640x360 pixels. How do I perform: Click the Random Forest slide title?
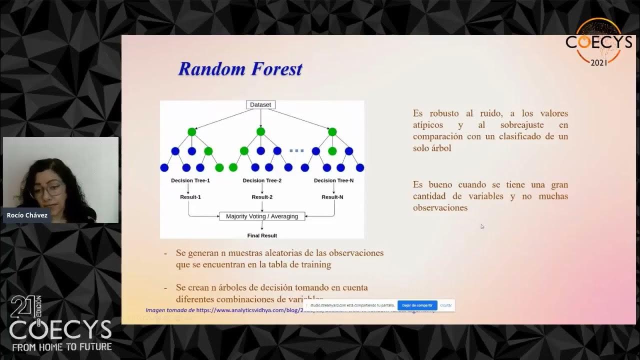click(x=240, y=69)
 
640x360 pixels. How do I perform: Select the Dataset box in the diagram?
click(x=260, y=104)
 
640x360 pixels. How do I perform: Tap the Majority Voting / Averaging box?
click(x=262, y=216)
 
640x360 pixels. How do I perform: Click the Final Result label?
click(x=262, y=235)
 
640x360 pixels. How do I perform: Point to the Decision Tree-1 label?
click(x=190, y=180)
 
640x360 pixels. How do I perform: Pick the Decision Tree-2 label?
click(x=262, y=180)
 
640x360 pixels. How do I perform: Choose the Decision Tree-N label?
click(x=333, y=180)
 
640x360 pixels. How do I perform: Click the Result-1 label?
click(x=190, y=197)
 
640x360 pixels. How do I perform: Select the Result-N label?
click(x=332, y=197)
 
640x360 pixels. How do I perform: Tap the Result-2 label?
click(x=262, y=197)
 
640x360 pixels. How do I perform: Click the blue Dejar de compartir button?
click(x=417, y=305)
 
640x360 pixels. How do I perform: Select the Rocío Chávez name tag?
click(x=27, y=215)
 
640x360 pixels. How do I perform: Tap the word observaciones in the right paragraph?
click(x=440, y=208)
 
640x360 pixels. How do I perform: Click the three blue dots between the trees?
click(x=296, y=151)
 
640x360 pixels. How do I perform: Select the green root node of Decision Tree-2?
click(x=260, y=131)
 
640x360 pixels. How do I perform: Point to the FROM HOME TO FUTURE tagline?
click(x=62, y=346)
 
